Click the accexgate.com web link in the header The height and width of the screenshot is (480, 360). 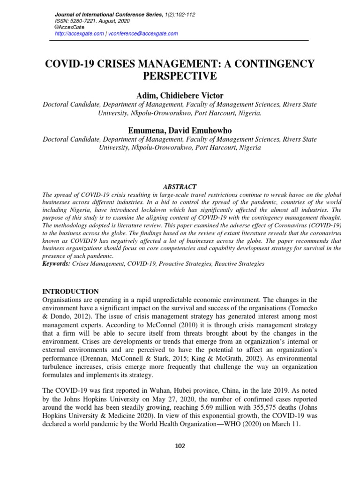(x=79, y=33)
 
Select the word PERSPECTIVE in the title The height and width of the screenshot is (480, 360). (x=180, y=76)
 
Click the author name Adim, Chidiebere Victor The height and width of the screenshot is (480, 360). (x=180, y=96)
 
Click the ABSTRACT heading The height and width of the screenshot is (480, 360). (x=180, y=187)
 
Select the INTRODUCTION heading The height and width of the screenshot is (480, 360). (x=71, y=291)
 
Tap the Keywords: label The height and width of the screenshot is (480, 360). (x=56, y=264)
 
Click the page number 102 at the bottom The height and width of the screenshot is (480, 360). (x=180, y=446)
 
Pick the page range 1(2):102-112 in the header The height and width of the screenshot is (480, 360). (x=180, y=15)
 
